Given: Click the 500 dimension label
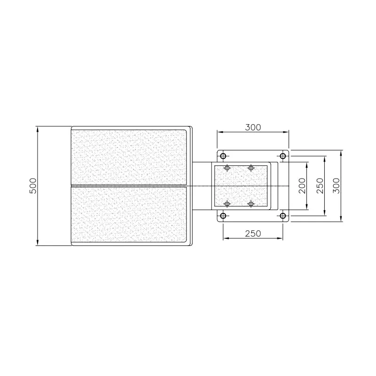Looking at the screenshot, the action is pyautogui.click(x=33, y=186).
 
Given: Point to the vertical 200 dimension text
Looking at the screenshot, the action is pyautogui.click(x=302, y=186).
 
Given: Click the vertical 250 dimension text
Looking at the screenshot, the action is pyautogui.click(x=320, y=186).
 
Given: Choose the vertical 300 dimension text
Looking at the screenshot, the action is pyautogui.click(x=337, y=186).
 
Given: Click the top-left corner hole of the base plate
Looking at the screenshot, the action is pyautogui.click(x=223, y=156).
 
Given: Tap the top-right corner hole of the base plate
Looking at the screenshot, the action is pyautogui.click(x=283, y=156).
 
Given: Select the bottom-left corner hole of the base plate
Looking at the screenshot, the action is pyautogui.click(x=223, y=216).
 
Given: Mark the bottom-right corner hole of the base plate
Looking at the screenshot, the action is pyautogui.click(x=283, y=216).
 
